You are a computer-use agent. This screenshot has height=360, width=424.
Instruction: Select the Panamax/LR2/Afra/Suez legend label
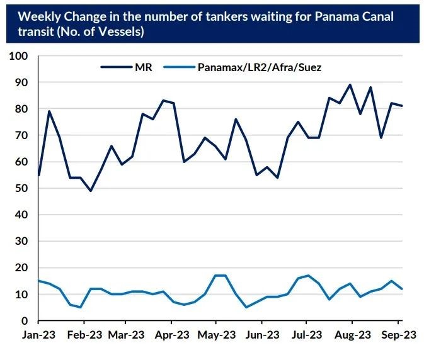(x=259, y=66)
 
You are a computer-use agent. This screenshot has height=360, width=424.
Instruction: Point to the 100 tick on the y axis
(x=19, y=56)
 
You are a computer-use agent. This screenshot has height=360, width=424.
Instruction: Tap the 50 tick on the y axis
(x=21, y=188)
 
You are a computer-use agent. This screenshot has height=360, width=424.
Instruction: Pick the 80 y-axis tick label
(x=21, y=109)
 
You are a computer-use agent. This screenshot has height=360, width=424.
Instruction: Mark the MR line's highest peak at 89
(x=350, y=85)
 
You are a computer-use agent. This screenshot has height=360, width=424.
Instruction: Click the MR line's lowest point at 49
(x=90, y=191)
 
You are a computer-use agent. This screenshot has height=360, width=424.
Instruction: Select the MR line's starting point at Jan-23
(x=39, y=175)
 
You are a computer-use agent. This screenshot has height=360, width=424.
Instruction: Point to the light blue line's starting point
(x=39, y=281)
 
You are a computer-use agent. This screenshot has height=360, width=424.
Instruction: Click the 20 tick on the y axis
(x=21, y=267)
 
